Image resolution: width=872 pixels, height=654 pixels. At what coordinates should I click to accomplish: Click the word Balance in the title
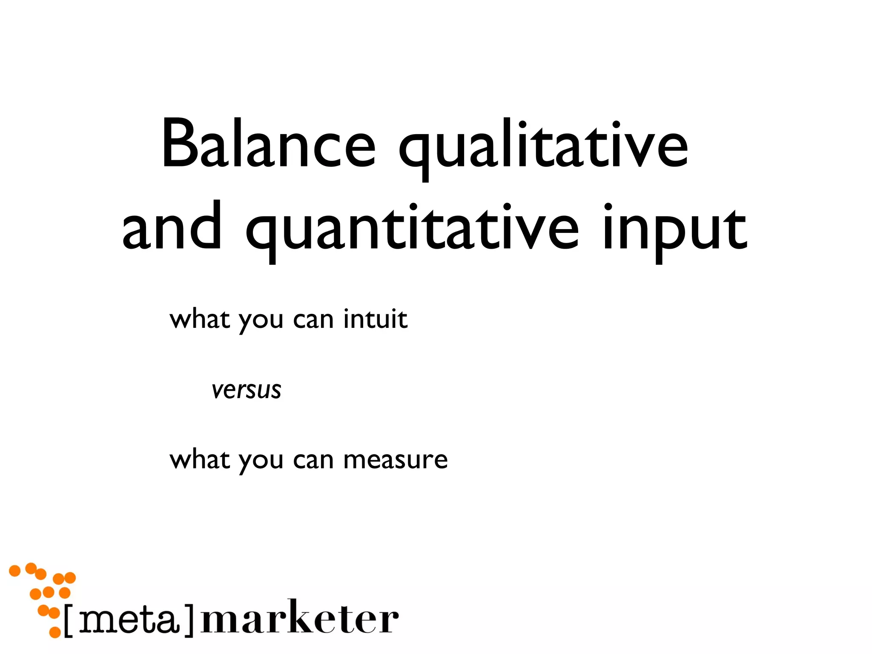tap(268, 145)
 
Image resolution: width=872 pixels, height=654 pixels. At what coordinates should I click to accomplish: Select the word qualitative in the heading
tap(543, 147)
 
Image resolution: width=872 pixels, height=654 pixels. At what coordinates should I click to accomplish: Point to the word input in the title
tap(675, 230)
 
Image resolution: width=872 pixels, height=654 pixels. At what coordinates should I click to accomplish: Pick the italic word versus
tap(247, 390)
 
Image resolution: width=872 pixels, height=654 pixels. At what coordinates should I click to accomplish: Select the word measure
tap(396, 460)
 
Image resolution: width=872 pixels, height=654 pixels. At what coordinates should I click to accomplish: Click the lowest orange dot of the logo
tap(55, 632)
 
